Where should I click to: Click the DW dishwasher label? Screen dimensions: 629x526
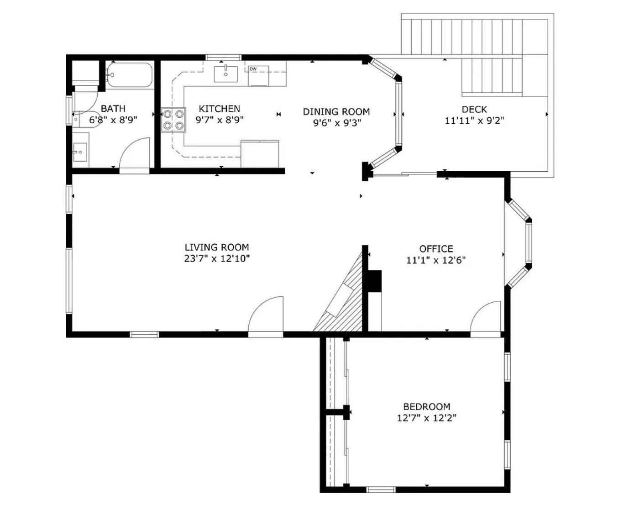(253, 69)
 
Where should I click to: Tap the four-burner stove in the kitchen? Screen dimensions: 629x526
(173, 120)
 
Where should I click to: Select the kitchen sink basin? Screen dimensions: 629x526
(225, 74)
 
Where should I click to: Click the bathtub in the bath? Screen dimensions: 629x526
(130, 75)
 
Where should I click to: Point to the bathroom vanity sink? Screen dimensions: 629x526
(80, 152)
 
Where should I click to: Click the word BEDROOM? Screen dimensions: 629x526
(427, 407)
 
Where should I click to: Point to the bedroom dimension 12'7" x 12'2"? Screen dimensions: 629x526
(427, 418)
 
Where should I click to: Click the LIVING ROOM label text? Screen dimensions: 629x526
(217, 247)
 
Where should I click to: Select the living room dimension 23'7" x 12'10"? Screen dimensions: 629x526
(217, 258)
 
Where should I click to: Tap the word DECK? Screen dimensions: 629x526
(474, 109)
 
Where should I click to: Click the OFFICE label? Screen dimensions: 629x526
(436, 249)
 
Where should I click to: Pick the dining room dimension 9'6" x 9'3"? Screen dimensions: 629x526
(337, 123)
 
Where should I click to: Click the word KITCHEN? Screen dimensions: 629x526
(219, 109)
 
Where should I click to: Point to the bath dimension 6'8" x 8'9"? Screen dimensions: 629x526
(113, 120)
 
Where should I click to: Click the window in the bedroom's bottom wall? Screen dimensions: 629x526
(381, 489)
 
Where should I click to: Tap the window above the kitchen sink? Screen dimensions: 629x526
(224, 57)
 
